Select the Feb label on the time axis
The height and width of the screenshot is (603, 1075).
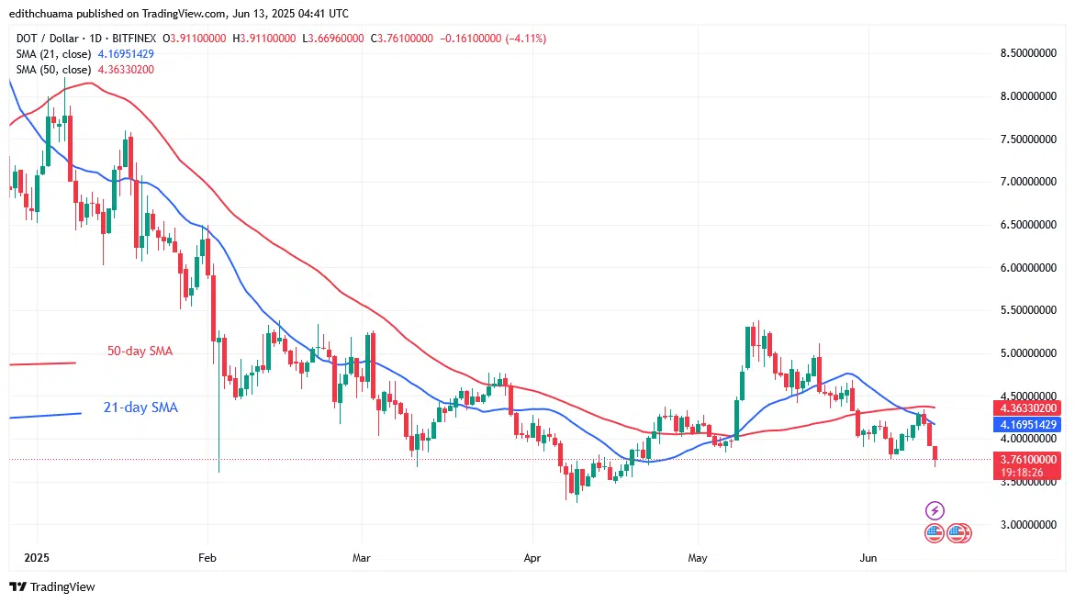[x=207, y=556]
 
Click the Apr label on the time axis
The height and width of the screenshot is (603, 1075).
[x=530, y=556]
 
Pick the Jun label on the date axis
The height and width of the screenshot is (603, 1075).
[x=867, y=556]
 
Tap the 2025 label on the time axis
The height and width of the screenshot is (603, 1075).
[x=37, y=556]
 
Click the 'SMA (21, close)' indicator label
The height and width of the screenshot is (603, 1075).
[x=52, y=54]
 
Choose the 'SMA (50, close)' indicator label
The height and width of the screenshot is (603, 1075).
[x=52, y=70]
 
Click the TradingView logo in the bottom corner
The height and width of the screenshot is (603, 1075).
[x=52, y=586]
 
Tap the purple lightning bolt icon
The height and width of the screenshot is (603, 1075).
[x=934, y=510]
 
